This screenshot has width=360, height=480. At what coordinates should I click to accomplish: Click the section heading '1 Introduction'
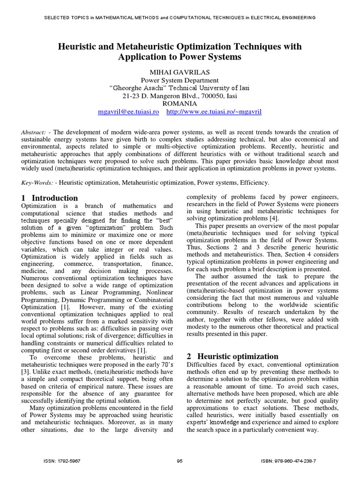pyautogui.click(x=50, y=198)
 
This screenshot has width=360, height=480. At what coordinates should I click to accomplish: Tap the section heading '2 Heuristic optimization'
pyautogui.click(x=232, y=356)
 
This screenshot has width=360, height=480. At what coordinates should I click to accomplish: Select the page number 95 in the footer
pyautogui.click(x=180, y=461)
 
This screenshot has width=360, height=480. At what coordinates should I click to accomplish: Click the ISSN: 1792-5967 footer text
pyautogui.click(x=62, y=461)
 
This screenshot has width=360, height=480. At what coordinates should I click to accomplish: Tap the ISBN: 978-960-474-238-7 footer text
pyautogui.click(x=288, y=461)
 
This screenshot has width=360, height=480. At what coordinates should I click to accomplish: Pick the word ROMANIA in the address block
pyautogui.click(x=180, y=104)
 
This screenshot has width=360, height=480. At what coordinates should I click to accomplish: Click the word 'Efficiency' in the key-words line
pyautogui.click(x=254, y=182)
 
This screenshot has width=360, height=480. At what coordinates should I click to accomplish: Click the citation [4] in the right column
pyautogui.click(x=274, y=217)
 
